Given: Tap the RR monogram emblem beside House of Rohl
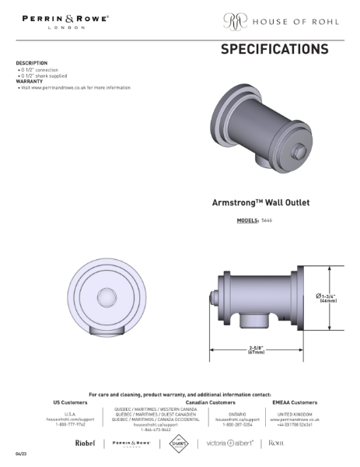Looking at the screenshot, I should click(x=234, y=20).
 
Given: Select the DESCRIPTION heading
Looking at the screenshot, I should click(x=32, y=63).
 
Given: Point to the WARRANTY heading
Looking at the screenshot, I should click(x=29, y=81).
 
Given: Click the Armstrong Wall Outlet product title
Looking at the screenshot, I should click(x=260, y=202).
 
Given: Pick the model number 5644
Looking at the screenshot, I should click(x=267, y=221).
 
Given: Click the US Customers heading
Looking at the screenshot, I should click(x=70, y=402).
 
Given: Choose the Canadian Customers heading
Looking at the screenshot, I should click(x=210, y=402).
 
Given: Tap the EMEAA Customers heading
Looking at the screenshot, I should click(x=295, y=402).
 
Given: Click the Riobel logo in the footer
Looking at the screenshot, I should click(x=85, y=443).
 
